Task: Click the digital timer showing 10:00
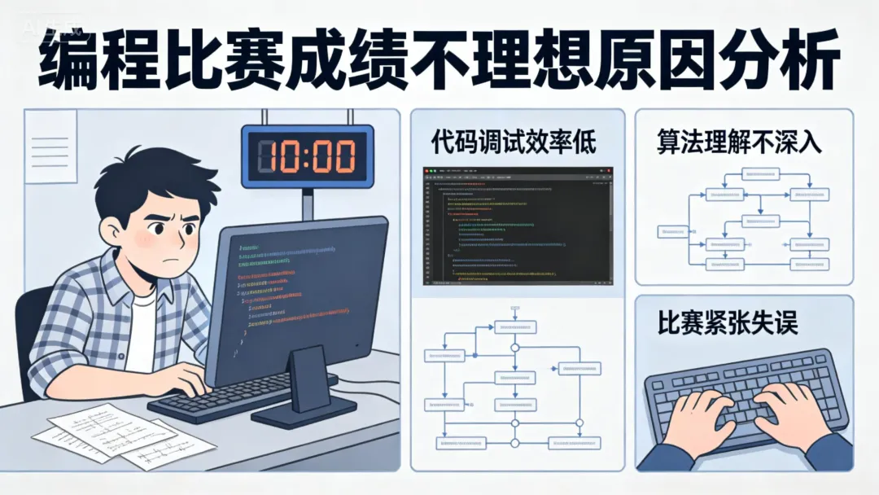coord(308,156)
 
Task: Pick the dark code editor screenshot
coord(518,226)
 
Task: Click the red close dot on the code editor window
coord(429,171)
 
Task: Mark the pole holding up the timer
coord(308,199)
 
